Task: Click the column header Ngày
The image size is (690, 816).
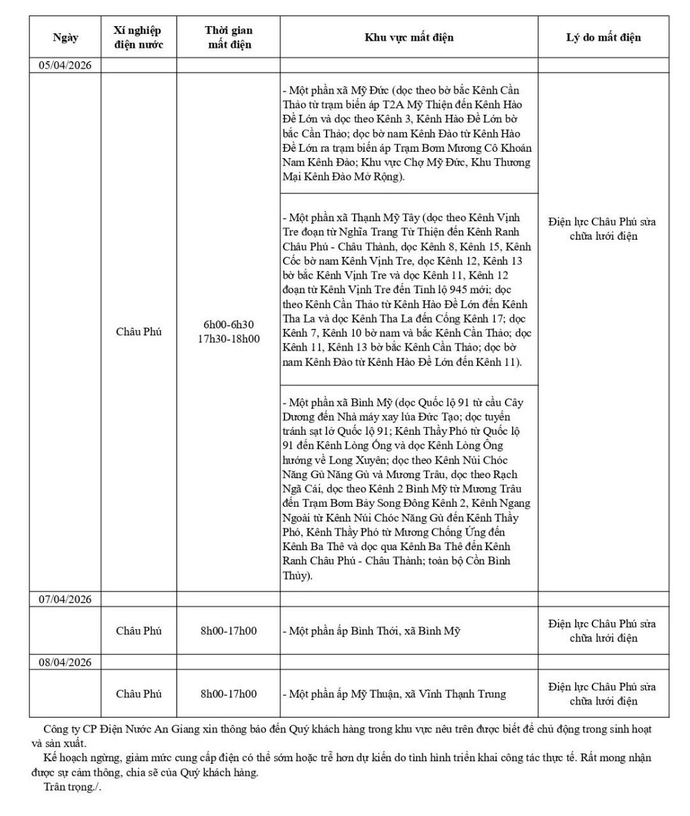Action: point(65,37)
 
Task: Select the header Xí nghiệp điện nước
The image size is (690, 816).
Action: point(138,37)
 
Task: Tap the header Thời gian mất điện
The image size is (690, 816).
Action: point(228,37)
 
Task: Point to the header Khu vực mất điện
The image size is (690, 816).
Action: point(409,37)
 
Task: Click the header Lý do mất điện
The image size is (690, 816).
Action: point(603,37)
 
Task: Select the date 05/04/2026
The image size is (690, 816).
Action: point(65,65)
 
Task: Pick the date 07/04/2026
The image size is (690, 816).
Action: point(65,599)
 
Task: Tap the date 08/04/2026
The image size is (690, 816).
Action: point(65,662)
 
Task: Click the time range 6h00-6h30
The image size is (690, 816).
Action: point(228,324)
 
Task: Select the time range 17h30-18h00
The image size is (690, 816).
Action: point(228,339)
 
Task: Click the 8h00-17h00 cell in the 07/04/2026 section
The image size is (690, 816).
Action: point(228,631)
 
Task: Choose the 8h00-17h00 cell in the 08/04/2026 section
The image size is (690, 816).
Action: point(228,694)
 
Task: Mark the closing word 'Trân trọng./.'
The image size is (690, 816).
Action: point(72,787)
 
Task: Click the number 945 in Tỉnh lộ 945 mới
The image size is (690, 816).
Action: point(459,290)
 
